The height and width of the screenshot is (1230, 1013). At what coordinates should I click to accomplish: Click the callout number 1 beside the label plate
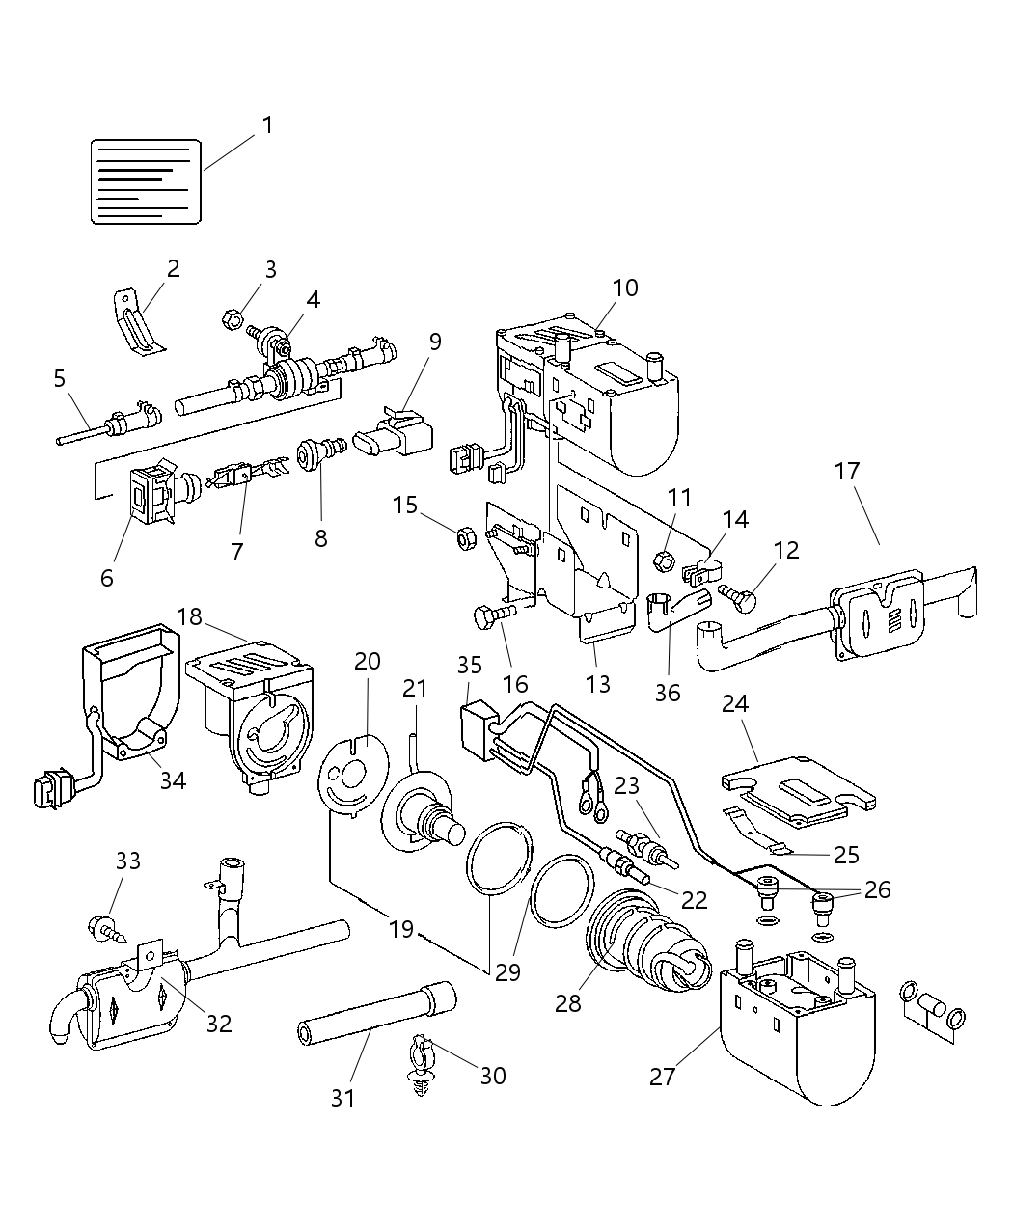[x=267, y=125]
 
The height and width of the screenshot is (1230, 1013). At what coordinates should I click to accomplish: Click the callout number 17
[x=847, y=472]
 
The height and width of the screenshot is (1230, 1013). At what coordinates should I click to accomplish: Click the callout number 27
[x=662, y=1076]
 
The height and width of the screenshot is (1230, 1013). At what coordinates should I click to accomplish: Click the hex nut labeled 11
[x=665, y=557]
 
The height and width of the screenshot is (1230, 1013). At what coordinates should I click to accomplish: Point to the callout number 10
[x=624, y=287]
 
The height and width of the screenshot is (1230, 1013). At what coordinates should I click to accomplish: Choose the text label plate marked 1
[x=146, y=181]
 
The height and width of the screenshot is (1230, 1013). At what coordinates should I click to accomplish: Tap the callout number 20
[x=367, y=662]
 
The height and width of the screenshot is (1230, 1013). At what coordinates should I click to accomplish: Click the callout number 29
[x=507, y=971]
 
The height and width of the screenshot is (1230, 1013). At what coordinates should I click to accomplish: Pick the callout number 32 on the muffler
[x=219, y=1023]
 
